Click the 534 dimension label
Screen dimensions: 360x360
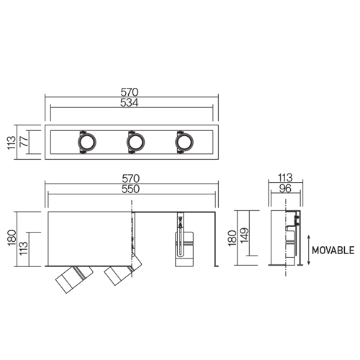point(130,103)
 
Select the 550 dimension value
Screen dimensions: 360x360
point(130,189)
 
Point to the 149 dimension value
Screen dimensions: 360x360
point(245,235)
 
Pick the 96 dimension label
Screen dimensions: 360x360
point(285,189)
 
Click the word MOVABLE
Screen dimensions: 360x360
point(333,251)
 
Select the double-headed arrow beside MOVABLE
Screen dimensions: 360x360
point(309,250)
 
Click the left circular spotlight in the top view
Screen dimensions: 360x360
point(87,142)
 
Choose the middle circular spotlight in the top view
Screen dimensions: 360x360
point(135,142)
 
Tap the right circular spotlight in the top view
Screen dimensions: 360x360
point(184,142)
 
